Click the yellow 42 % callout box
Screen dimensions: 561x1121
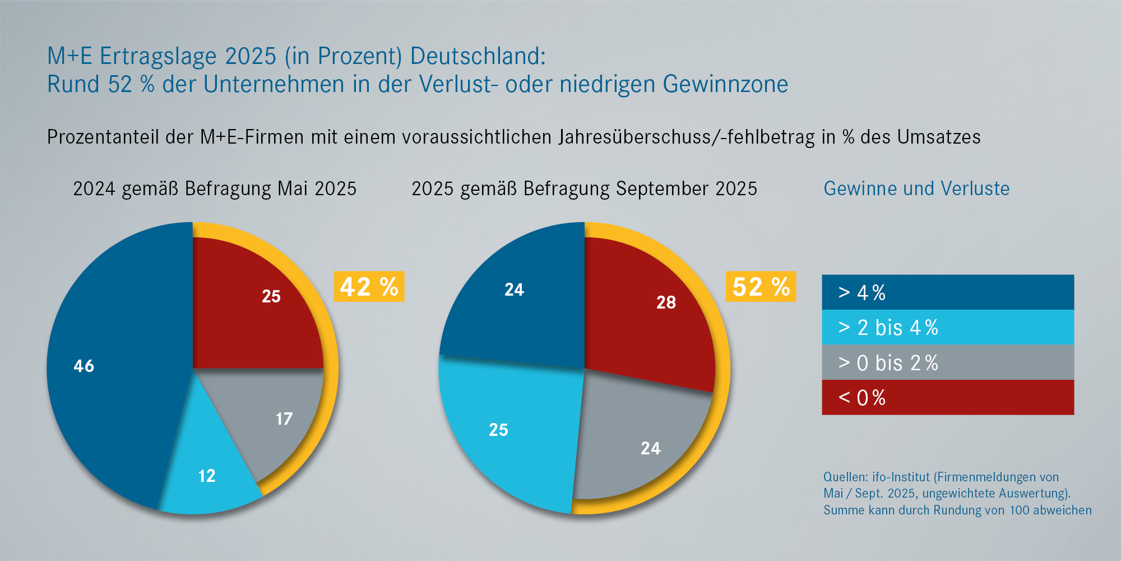[369, 287]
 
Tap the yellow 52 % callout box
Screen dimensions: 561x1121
[761, 287]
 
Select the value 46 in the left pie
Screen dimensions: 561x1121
[84, 366]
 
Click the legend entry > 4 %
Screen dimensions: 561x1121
[947, 292]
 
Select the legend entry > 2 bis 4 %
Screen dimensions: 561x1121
[947, 328]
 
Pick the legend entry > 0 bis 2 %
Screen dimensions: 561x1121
[947, 362]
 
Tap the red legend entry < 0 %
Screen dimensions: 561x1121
[947, 398]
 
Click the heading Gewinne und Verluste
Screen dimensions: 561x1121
[916, 188]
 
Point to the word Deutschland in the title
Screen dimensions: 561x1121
[478, 56]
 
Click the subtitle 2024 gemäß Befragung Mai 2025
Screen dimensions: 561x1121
[215, 188]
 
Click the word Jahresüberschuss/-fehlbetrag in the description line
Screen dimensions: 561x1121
[687, 137]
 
